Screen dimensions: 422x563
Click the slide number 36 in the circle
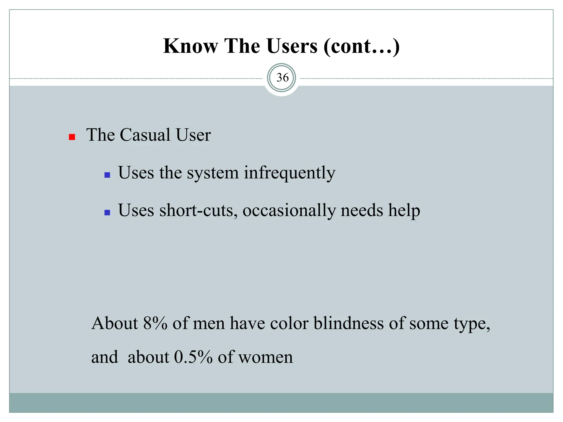(282, 78)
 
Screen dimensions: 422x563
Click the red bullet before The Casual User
(72, 137)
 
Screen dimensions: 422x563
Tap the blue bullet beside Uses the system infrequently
(107, 175)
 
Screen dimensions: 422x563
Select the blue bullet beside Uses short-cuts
(107, 212)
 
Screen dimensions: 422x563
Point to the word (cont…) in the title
(361, 46)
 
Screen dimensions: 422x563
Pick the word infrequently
(290, 173)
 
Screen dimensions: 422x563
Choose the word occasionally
(289, 210)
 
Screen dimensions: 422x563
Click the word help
(404, 210)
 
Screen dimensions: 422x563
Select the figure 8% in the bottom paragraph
(155, 323)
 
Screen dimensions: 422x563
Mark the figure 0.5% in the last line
(193, 357)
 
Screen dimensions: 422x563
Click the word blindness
(349, 323)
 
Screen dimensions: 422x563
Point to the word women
(266, 357)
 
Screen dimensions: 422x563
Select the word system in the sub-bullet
(213, 173)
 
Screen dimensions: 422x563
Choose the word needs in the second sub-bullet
(362, 210)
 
